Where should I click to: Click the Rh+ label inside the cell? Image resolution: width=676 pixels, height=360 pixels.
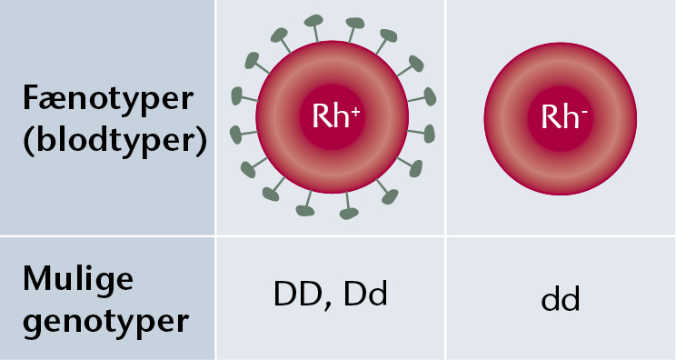click(336, 116)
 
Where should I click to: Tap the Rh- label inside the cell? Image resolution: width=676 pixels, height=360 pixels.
click(564, 116)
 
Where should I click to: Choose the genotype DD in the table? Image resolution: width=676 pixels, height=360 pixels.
click(298, 294)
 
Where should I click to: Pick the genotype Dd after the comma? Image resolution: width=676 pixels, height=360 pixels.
click(365, 294)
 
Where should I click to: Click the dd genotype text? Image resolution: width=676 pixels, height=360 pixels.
click(561, 298)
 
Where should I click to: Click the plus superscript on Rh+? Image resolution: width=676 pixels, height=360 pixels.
click(355, 113)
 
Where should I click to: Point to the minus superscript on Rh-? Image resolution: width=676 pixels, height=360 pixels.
click(584, 113)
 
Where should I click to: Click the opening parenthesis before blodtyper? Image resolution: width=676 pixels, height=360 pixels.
click(29, 142)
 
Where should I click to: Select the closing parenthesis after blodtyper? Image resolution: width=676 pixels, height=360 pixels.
click(202, 142)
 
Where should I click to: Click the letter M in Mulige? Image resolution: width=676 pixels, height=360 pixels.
click(39, 278)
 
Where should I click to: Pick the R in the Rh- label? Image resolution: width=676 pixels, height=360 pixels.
click(549, 116)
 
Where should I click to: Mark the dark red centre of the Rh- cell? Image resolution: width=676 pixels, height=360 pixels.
click(561, 118)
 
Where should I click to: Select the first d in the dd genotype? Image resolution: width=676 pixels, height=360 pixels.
click(551, 298)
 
